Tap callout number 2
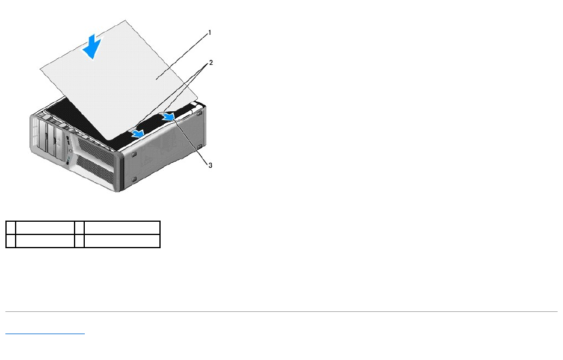click(x=211, y=63)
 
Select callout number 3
click(x=210, y=165)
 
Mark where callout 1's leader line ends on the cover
click(x=155, y=79)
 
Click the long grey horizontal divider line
click(x=281, y=311)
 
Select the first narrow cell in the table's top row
click(x=10, y=227)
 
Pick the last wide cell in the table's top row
click(x=122, y=227)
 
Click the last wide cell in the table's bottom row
click(x=122, y=241)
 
